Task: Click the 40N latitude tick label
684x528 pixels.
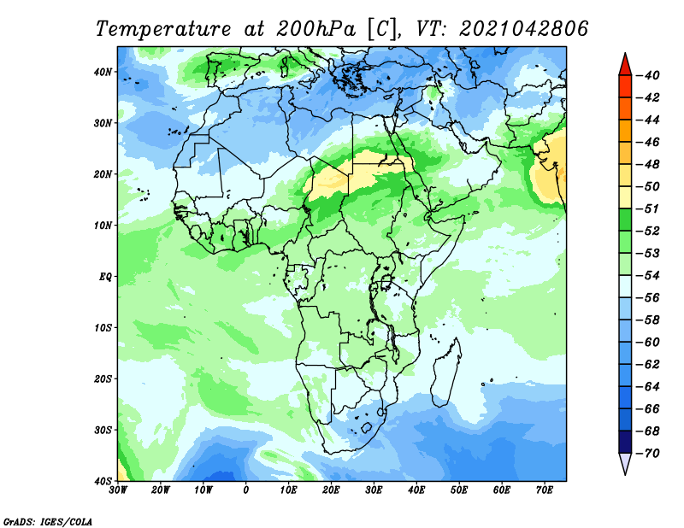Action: tap(103, 72)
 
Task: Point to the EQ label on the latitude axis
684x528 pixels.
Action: tap(105, 277)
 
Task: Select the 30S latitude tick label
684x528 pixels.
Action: tap(103, 430)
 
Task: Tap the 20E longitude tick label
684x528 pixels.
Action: tap(331, 490)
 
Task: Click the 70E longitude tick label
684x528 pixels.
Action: tap(545, 490)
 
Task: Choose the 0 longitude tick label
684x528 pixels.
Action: tap(246, 490)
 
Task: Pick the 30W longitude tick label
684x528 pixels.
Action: tap(118, 490)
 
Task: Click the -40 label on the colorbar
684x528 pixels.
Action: tap(648, 75)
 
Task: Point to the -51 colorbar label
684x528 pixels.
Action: tap(648, 208)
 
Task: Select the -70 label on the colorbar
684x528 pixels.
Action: tap(648, 454)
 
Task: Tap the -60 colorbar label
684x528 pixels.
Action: tap(648, 343)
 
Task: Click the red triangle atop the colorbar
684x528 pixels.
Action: tap(625, 66)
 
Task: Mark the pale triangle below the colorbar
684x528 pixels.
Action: tap(625, 463)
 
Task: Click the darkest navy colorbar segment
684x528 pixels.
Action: tap(625, 442)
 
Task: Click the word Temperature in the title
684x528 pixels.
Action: tap(163, 29)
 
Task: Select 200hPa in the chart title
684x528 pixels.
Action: tap(315, 29)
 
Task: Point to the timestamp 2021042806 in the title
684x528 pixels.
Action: tap(524, 29)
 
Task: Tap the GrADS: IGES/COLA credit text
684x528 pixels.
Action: tap(48, 522)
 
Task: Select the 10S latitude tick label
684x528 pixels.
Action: tap(103, 328)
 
